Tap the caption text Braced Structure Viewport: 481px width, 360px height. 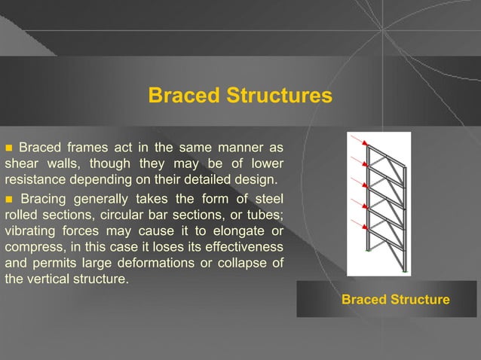(x=395, y=300)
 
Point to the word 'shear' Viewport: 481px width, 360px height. (x=22, y=163)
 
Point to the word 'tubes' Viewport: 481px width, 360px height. (x=265, y=216)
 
